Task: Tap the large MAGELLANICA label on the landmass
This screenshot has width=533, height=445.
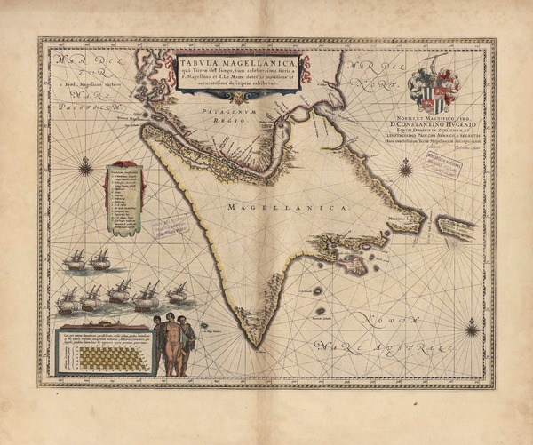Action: [275, 206]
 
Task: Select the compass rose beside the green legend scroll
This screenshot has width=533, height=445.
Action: [86, 164]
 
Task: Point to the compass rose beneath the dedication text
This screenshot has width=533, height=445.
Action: [404, 165]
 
